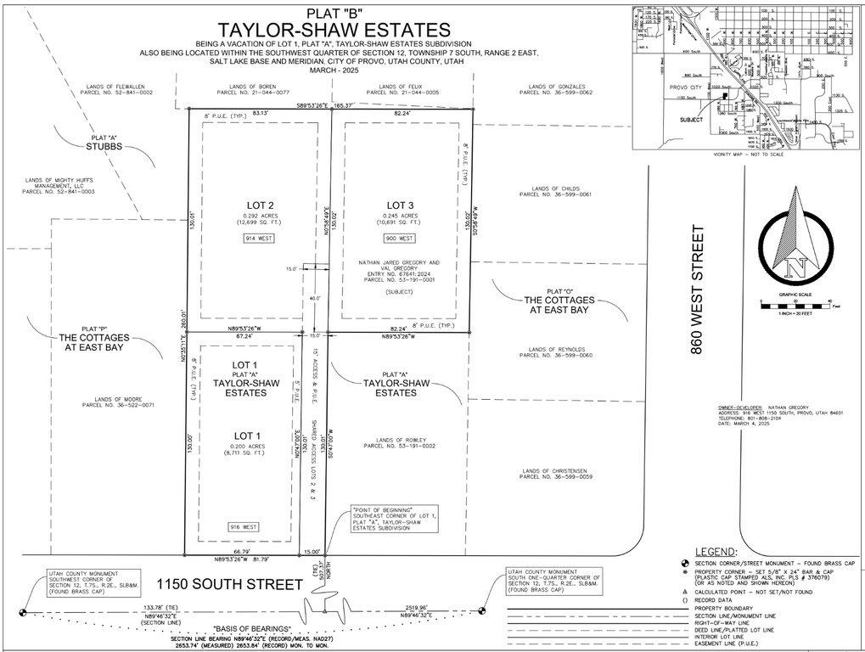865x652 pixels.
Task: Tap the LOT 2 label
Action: click(259, 205)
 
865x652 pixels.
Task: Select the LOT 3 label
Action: click(400, 205)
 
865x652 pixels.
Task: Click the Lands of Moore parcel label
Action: click(118, 402)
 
